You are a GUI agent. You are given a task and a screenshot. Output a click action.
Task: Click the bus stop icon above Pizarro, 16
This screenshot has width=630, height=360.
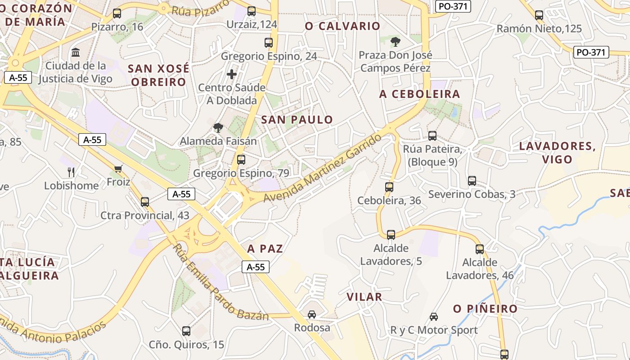[117, 13]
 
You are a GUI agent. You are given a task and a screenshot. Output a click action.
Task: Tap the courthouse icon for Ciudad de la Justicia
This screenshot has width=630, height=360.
[76, 53]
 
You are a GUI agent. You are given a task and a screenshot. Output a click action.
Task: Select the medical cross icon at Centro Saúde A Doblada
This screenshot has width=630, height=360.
[232, 74]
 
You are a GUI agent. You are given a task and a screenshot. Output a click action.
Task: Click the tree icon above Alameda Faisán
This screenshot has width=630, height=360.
[218, 127]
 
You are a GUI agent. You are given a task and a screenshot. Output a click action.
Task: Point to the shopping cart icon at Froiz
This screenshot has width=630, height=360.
[118, 169]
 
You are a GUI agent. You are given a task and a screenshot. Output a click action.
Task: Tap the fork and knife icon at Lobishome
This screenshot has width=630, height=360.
[71, 172]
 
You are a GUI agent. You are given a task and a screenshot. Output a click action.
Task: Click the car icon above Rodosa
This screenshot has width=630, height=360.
[311, 314]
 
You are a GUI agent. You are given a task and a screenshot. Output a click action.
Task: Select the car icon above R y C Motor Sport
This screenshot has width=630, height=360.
[434, 316]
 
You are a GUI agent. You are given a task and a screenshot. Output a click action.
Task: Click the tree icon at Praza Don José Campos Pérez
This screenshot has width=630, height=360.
[395, 42]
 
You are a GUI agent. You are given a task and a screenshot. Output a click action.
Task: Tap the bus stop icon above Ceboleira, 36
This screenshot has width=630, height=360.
[389, 187]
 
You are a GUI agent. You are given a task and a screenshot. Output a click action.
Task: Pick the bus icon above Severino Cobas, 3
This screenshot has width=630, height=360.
[472, 180]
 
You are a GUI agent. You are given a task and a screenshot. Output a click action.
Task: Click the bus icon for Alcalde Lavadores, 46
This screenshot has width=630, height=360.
[480, 249]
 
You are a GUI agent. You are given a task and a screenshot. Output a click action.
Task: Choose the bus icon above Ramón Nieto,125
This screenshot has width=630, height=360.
[539, 15]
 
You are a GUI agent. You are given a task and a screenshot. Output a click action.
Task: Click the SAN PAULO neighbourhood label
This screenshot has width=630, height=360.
[297, 120]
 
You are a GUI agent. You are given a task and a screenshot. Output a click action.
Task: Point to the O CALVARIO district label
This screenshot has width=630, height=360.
[343, 26]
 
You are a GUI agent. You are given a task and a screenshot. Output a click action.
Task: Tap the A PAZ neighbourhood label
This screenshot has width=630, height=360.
[265, 248]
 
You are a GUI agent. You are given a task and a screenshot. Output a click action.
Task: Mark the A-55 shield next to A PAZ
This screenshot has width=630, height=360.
[256, 267]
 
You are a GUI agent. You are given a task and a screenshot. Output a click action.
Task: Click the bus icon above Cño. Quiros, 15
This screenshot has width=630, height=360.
[186, 331]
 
